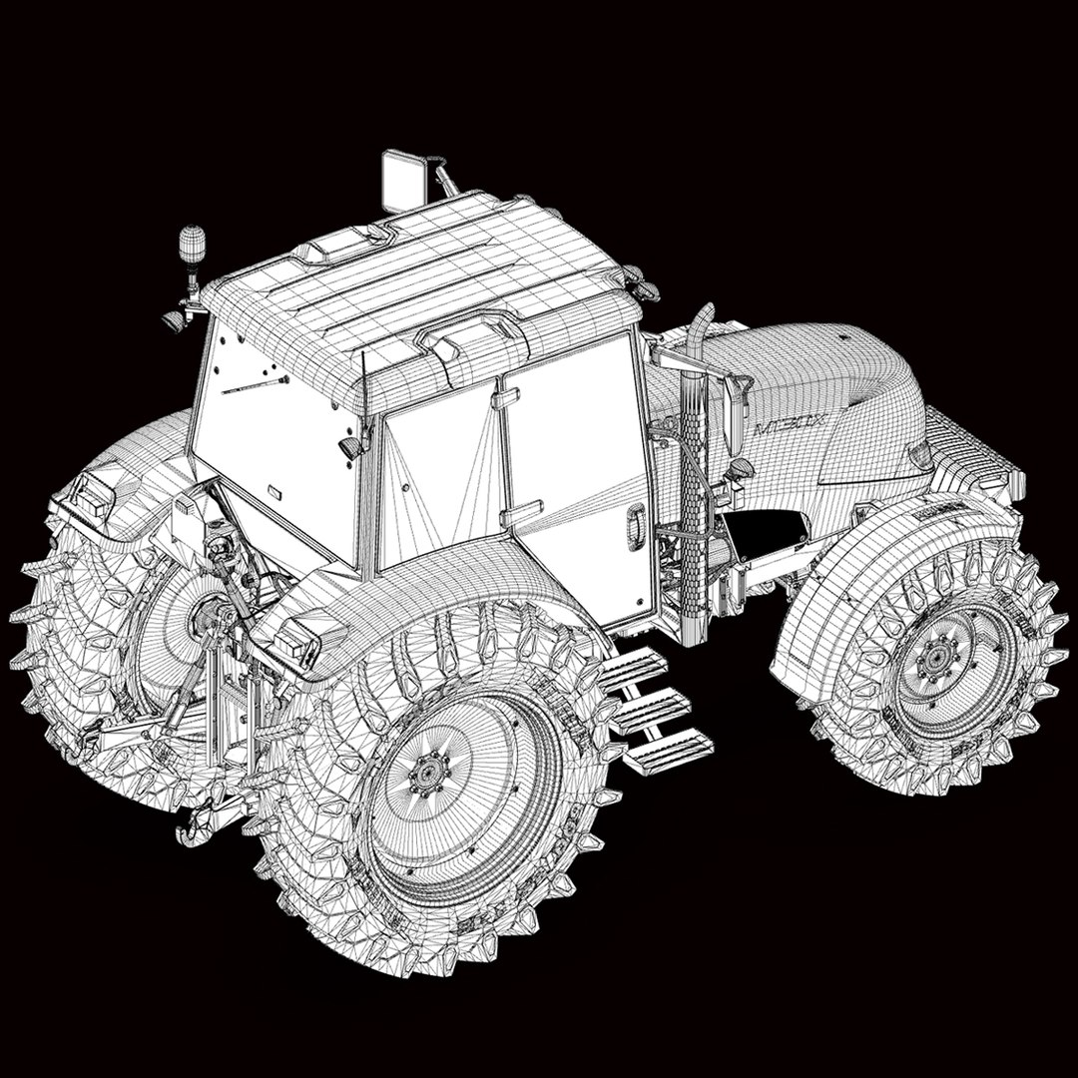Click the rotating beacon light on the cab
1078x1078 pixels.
tap(192, 243)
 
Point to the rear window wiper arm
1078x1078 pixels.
tap(255, 384)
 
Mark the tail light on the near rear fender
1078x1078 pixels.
tap(298, 639)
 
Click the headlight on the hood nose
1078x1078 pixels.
tap(920, 456)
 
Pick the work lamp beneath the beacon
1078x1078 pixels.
tap(176, 320)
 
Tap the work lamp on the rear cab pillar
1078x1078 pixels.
tap(351, 448)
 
